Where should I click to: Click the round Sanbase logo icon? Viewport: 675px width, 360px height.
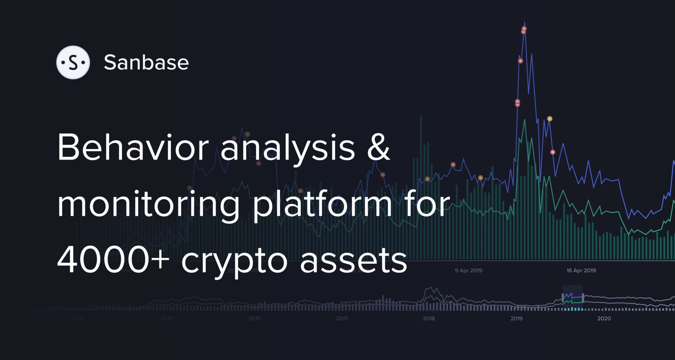pyautogui.click(x=73, y=63)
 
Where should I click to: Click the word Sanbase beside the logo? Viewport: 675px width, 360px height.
pyautogui.click(x=146, y=63)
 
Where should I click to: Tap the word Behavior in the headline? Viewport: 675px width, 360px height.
pyautogui.click(x=133, y=148)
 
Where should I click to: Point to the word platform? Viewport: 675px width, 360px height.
pyautogui.click(x=322, y=206)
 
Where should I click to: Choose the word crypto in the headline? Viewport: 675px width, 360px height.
pyautogui.click(x=234, y=262)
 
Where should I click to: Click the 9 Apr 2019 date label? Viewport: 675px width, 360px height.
pyautogui.click(x=468, y=270)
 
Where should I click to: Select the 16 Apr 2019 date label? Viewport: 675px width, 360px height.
pyautogui.click(x=581, y=270)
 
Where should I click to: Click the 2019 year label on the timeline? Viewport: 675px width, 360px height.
pyautogui.click(x=516, y=319)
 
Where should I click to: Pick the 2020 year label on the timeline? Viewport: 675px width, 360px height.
pyautogui.click(x=604, y=319)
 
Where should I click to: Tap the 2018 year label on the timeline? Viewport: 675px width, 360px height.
pyautogui.click(x=429, y=319)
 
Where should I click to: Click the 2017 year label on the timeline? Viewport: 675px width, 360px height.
pyautogui.click(x=341, y=319)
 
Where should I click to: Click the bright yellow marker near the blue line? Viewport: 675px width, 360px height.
pyautogui.click(x=549, y=119)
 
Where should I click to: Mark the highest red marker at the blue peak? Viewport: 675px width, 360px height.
pyautogui.click(x=524, y=29)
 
